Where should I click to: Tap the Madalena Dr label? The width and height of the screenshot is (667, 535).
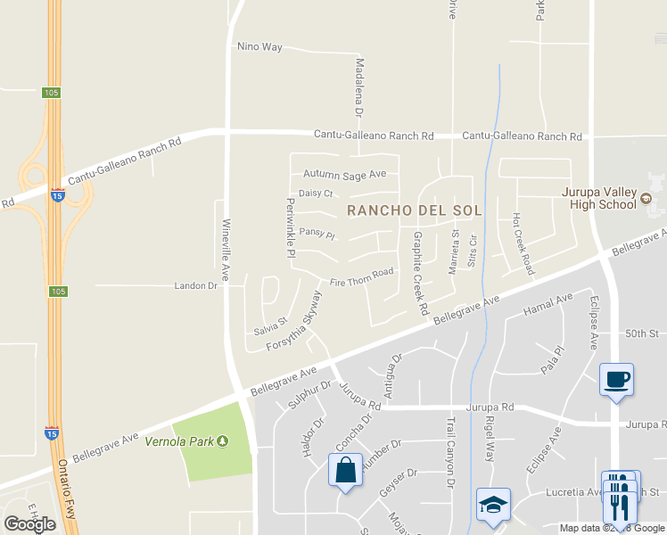(x=359, y=88)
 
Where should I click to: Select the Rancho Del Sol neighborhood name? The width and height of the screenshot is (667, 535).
(x=414, y=211)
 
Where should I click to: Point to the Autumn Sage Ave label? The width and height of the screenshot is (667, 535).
(x=344, y=174)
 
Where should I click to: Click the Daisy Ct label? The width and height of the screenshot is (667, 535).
(x=316, y=193)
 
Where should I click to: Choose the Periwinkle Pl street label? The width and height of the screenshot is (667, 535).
(x=290, y=228)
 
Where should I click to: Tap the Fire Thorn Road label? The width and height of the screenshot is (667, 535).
(x=361, y=277)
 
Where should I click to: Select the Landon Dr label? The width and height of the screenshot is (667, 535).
(x=195, y=286)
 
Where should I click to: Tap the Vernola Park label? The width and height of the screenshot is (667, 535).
(x=187, y=441)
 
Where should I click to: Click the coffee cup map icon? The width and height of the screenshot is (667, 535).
(x=616, y=379)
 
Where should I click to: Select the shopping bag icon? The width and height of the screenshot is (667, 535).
(x=345, y=470)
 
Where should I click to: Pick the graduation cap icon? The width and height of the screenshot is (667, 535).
(x=492, y=504)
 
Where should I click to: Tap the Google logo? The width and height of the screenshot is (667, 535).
(x=29, y=524)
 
